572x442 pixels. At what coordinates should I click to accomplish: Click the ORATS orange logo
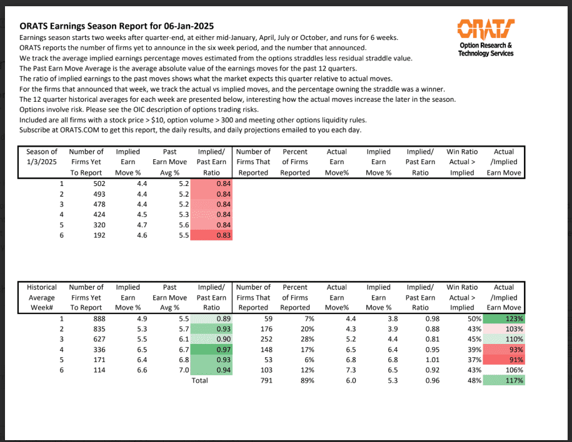pos(486,27)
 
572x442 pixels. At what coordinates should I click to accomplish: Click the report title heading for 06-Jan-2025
pos(117,26)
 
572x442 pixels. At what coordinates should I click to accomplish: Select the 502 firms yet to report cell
pos(98,184)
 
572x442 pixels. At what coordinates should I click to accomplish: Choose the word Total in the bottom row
pos(199,380)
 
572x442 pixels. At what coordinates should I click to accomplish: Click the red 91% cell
pos(505,360)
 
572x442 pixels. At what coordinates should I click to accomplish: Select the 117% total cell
pos(505,380)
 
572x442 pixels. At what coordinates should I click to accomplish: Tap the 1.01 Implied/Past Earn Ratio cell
pos(420,360)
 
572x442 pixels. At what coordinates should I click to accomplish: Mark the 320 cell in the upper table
pos(98,225)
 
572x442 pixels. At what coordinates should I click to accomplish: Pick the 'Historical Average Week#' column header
pos(42,297)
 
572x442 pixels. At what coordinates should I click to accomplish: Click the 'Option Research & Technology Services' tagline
pos(486,49)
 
